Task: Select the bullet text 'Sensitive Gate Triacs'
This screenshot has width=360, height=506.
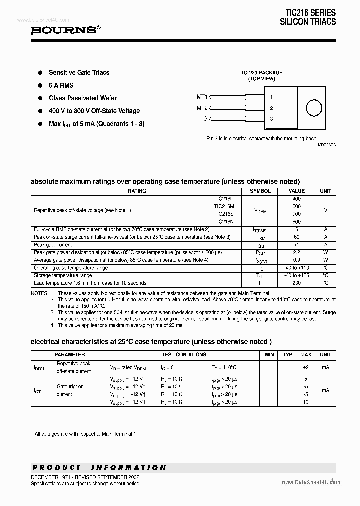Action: click(79, 73)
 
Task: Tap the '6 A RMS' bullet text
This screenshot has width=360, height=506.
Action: click(62, 85)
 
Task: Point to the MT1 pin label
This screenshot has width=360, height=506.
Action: click(202, 97)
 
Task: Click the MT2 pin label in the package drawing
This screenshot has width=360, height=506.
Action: click(202, 108)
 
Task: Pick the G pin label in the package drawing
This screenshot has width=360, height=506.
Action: click(205, 119)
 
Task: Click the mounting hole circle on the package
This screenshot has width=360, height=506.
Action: click(314, 108)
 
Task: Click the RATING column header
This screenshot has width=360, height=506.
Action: click(137, 191)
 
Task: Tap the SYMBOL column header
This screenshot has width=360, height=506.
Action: click(260, 191)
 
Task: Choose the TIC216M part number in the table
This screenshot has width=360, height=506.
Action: click(223, 206)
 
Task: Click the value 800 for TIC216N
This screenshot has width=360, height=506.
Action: click(296, 221)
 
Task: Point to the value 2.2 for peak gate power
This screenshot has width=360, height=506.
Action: click(296, 253)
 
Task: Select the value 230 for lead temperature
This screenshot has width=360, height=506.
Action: click(296, 283)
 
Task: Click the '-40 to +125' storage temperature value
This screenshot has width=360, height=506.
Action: click(296, 275)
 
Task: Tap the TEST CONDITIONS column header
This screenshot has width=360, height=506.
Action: click(184, 355)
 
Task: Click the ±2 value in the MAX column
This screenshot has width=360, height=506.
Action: click(306, 367)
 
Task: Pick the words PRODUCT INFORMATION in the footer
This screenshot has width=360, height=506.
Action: click(99, 468)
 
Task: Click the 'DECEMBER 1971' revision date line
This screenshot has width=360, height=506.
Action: click(85, 477)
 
